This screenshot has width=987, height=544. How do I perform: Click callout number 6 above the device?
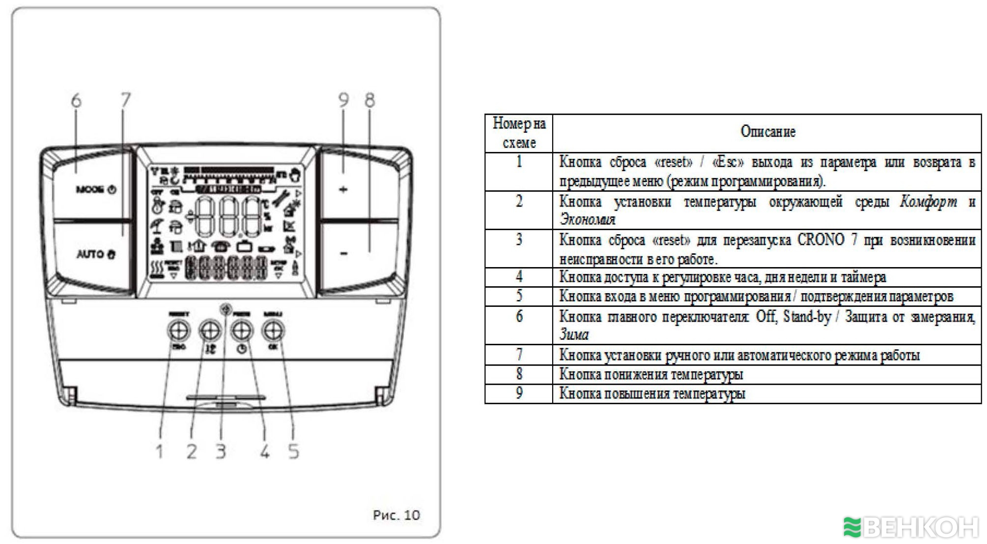[76, 100]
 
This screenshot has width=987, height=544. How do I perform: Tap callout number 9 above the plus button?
[343, 100]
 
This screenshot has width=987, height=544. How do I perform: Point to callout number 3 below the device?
[221, 451]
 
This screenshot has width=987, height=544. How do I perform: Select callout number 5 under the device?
[293, 451]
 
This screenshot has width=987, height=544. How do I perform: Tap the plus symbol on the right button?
[343, 189]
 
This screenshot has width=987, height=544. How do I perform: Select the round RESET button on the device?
[179, 330]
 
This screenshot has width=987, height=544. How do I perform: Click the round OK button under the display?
[273, 331]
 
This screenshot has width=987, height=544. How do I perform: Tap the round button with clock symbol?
[242, 331]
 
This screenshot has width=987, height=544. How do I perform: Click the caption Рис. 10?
[396, 515]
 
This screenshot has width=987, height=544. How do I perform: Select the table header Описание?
[767, 132]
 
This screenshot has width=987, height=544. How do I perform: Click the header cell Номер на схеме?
[519, 133]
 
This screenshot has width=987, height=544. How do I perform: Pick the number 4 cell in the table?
[519, 277]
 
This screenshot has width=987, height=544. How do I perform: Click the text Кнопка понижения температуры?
[651, 375]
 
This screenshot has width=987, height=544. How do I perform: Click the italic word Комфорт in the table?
[928, 201]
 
